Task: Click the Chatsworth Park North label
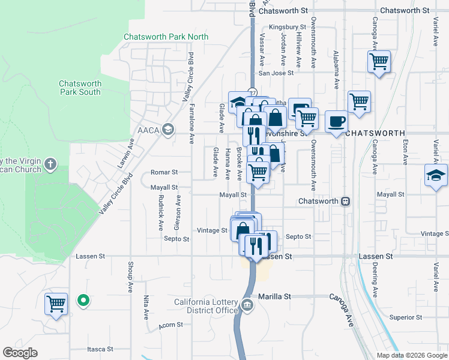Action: click(166, 37)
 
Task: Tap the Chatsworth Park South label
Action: click(80, 88)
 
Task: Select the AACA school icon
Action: click(169, 129)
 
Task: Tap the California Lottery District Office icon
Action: click(247, 305)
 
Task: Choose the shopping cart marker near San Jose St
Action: click(379, 61)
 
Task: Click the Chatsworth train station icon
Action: click(346, 202)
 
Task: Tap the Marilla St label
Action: click(274, 296)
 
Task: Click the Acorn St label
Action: click(170, 325)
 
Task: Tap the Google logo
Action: click(20, 353)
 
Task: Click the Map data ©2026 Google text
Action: click(411, 355)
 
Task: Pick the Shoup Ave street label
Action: click(131, 277)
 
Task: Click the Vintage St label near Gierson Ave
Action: click(212, 230)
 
